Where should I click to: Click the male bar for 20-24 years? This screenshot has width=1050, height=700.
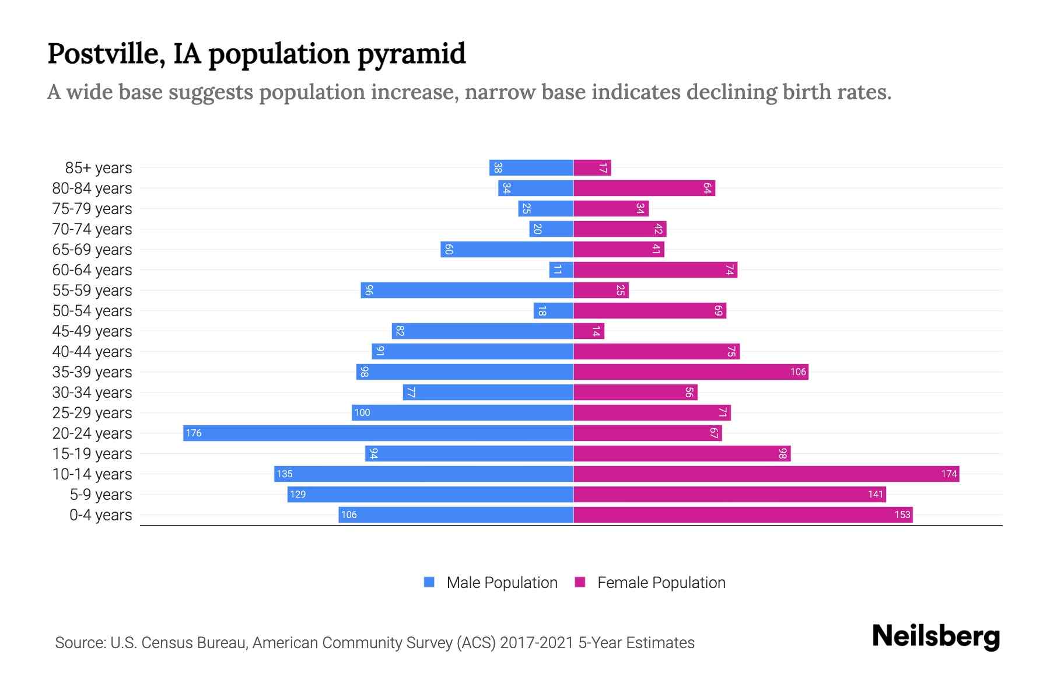tap(378, 433)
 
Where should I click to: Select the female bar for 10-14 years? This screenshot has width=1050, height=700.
tap(766, 474)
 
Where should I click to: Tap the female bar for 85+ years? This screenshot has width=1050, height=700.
tap(592, 167)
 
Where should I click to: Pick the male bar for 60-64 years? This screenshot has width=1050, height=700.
tap(561, 269)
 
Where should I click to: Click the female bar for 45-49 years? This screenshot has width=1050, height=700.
tap(589, 331)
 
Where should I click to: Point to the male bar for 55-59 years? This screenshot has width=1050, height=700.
tap(467, 290)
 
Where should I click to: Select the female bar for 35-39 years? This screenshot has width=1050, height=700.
tap(691, 372)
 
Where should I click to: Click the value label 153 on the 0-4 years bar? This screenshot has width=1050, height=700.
tap(902, 514)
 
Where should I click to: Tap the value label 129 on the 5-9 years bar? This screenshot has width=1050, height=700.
tap(297, 494)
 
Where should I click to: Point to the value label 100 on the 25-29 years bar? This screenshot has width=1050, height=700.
tap(362, 412)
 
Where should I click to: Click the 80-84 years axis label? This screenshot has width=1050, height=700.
tap(92, 188)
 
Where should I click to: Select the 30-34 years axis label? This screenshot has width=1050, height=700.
tap(92, 392)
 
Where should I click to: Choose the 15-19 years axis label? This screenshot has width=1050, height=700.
tap(92, 453)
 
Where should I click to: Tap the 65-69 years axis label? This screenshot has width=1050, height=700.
tap(92, 249)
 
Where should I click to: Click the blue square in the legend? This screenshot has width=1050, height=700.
tap(429, 582)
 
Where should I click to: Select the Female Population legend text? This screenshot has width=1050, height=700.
tap(661, 582)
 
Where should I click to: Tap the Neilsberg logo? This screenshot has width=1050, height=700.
tap(936, 636)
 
